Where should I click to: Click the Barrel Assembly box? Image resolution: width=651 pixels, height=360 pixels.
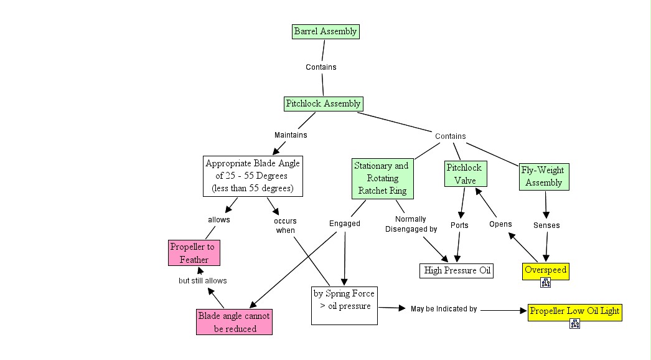click(x=325, y=31)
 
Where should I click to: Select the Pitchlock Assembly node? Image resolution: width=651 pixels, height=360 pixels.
click(x=323, y=103)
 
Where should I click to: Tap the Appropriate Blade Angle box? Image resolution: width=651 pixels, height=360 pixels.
click(x=253, y=176)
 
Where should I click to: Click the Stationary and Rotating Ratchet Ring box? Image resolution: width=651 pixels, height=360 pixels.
click(x=382, y=178)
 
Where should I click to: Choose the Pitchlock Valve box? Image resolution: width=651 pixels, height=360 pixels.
click(x=465, y=174)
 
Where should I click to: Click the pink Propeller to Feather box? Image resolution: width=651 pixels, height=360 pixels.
click(x=194, y=253)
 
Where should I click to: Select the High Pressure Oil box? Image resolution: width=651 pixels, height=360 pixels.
click(x=457, y=270)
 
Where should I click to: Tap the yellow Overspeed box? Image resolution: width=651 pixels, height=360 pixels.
click(x=545, y=270)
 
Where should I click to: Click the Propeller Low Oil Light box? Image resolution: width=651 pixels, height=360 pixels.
click(x=574, y=311)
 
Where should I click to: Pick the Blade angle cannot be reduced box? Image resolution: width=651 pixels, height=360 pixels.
click(x=234, y=322)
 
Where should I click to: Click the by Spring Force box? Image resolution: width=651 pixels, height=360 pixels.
click(x=344, y=305)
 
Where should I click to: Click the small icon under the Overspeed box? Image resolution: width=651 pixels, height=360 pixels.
click(x=546, y=283)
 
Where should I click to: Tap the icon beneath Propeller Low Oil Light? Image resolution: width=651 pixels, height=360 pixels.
click(x=575, y=323)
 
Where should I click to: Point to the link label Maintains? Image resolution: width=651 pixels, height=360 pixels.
click(x=291, y=135)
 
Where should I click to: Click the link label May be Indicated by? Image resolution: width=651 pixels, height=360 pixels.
click(x=444, y=309)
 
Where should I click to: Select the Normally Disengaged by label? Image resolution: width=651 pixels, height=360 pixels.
click(x=411, y=224)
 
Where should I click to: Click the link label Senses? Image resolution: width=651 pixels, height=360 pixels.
click(x=546, y=225)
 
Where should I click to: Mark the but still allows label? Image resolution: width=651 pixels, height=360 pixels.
click(x=202, y=281)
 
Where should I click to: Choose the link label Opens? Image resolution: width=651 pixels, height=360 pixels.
click(x=500, y=224)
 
